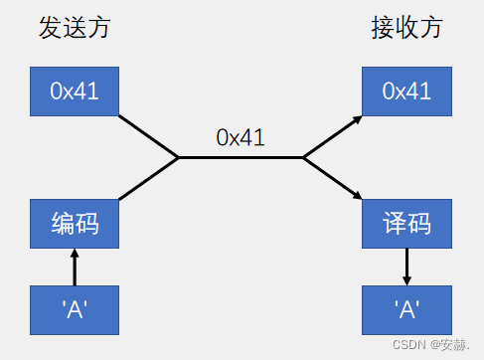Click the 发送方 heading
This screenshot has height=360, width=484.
[x=75, y=27]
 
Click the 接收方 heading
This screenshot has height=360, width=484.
[x=406, y=27]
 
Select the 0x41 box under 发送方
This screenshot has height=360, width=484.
[x=75, y=91]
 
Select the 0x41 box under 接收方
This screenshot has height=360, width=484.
[x=406, y=91]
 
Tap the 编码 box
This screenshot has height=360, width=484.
[x=75, y=224]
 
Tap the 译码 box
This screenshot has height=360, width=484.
[x=406, y=224]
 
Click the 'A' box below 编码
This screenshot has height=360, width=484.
[x=75, y=309]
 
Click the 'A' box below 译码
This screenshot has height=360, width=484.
[x=406, y=309]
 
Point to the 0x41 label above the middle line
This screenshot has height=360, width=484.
[x=241, y=137]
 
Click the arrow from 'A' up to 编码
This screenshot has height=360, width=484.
[x=75, y=267]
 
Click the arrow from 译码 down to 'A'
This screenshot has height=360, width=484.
[x=406, y=267]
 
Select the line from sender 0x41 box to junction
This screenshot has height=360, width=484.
[x=148, y=136]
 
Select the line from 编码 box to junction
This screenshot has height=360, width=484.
[x=148, y=178]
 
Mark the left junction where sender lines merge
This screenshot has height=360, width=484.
[x=178, y=157]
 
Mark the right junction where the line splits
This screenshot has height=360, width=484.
[x=303, y=157]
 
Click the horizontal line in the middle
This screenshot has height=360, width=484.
[x=241, y=157]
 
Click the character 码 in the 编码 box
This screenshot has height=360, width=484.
[x=88, y=224]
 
